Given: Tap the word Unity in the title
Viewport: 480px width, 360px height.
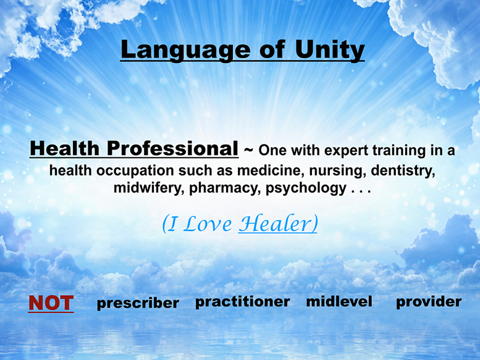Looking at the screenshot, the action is coord(330,50).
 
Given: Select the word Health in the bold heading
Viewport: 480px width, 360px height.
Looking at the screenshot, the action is coord(65,148).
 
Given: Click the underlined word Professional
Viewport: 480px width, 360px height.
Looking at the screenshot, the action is coord(172,148).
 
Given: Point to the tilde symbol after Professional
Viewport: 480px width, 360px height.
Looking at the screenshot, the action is coord(248,150).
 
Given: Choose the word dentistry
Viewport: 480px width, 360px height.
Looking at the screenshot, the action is coord(403,170).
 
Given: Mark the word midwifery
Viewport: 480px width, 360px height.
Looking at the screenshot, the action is coord(149,188).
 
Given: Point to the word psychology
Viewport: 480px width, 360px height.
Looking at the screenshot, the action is coord(306,188).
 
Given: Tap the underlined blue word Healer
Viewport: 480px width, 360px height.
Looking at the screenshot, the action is coord(278,224).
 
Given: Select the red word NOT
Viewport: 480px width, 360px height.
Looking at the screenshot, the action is coord(51,303).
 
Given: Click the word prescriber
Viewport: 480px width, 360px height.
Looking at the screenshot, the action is coord(138,303).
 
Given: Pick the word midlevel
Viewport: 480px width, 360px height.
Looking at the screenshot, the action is coord(339,301).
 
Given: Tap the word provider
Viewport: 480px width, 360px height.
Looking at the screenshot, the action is coord(429,302).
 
